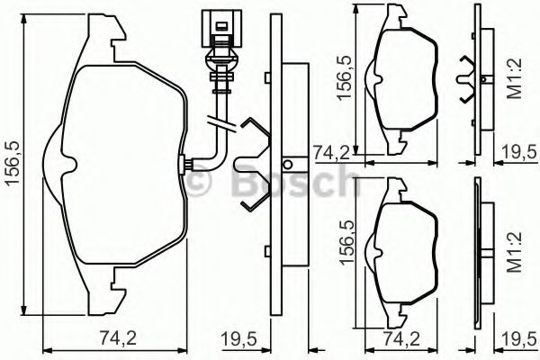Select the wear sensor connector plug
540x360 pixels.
pos(221,29)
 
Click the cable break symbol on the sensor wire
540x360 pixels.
pos(221,123)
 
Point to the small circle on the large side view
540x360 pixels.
pos(287,165)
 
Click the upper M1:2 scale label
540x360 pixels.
pos(516,78)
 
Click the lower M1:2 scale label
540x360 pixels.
pos(516,252)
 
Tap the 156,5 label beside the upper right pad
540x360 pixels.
pos(346,78)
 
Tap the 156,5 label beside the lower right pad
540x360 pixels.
pos(347,242)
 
